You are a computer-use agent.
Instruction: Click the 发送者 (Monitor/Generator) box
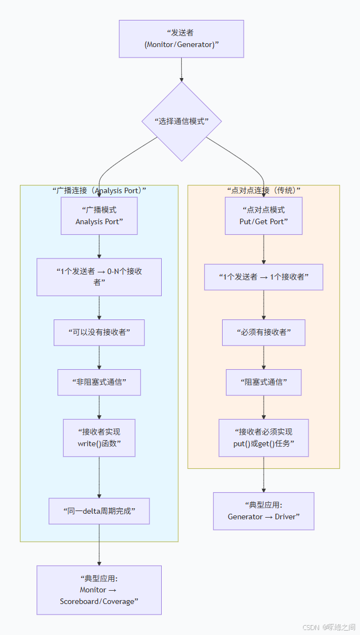pyautogui.click(x=181, y=39)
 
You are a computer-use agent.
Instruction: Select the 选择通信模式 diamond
pyautogui.click(x=182, y=121)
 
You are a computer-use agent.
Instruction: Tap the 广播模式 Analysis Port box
pyautogui.click(x=99, y=216)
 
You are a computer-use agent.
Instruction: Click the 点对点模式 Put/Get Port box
pyautogui.click(x=264, y=216)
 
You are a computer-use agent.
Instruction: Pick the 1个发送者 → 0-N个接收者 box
pyautogui.click(x=99, y=277)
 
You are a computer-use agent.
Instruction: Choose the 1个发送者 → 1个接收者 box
pyautogui.click(x=264, y=277)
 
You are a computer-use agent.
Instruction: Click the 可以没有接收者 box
pyautogui.click(x=99, y=333)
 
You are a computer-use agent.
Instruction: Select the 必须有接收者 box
pyautogui.click(x=264, y=333)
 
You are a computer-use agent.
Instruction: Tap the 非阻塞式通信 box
pyautogui.click(x=99, y=382)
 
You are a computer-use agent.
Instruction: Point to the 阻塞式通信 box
pyautogui.click(x=264, y=382)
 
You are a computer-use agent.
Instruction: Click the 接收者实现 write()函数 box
pyautogui.click(x=99, y=437)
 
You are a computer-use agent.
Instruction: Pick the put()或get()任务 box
pyautogui.click(x=264, y=437)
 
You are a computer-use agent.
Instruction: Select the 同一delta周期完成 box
pyautogui.click(x=99, y=511)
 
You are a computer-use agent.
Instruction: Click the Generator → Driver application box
pyautogui.click(x=264, y=511)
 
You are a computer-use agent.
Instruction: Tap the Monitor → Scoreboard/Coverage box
pyautogui.click(x=99, y=590)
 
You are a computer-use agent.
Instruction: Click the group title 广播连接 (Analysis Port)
pyautogui.click(x=99, y=190)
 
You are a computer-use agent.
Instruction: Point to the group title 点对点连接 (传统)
pyautogui.click(x=264, y=190)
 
